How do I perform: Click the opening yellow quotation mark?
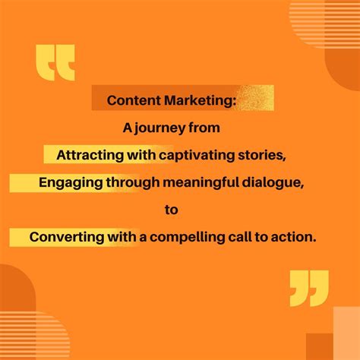pos(55,63)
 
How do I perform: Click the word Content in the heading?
pos(131,100)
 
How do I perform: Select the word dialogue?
pos(276,182)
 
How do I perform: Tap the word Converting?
pos(65,237)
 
